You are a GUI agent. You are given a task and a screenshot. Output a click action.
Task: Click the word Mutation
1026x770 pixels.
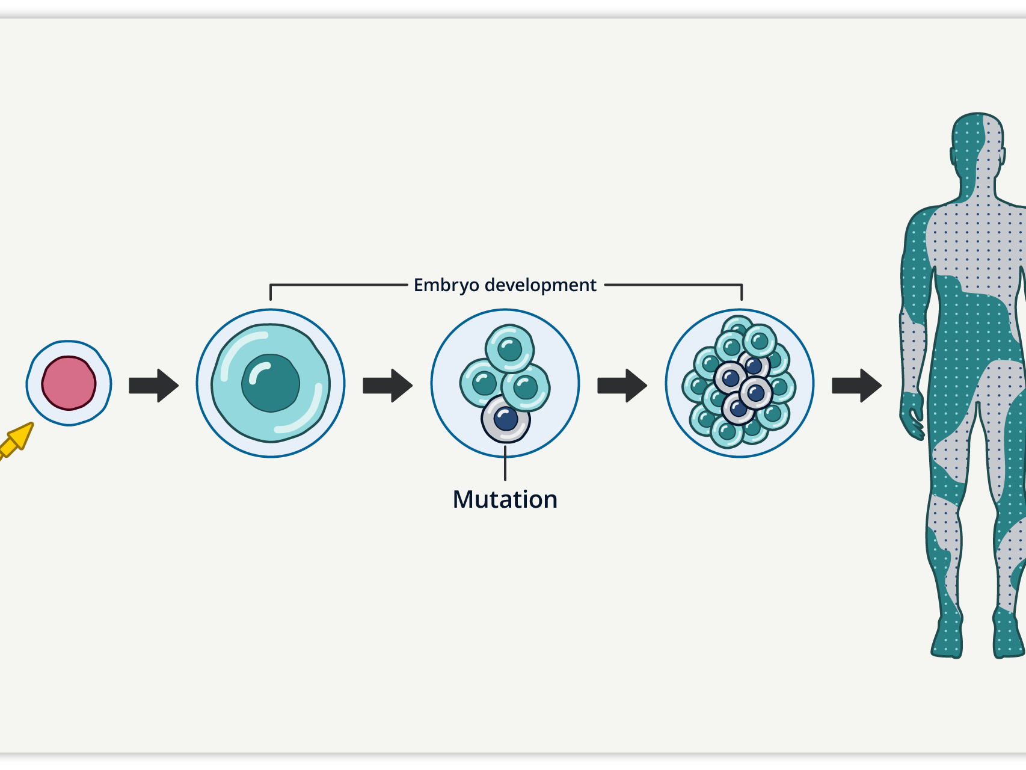tap(505, 499)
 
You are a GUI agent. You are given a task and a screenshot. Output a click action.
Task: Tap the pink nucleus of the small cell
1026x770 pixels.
tap(69, 383)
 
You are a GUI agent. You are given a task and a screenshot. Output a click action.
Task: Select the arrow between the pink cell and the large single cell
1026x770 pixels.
tap(154, 386)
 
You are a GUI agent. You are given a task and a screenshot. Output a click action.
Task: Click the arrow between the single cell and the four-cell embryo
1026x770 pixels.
tap(388, 386)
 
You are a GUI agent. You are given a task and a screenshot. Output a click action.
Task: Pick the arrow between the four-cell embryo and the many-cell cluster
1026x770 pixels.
tap(622, 386)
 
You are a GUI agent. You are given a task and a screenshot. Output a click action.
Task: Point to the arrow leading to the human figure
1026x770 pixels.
tap(857, 386)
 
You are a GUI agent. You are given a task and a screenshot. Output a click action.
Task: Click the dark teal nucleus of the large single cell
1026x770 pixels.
tap(271, 383)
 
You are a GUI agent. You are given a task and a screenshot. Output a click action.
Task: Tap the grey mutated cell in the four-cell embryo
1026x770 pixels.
tap(506, 419)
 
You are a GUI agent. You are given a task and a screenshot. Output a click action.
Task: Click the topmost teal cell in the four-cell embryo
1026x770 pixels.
tap(510, 348)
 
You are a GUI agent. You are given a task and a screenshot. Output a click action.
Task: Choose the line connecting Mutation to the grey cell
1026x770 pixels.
tap(505, 461)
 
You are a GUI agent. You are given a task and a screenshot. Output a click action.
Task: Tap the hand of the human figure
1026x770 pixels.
tap(912, 415)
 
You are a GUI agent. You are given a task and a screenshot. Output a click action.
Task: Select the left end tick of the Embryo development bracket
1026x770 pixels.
tap(271, 292)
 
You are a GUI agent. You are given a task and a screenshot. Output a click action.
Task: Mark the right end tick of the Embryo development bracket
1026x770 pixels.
tap(742, 292)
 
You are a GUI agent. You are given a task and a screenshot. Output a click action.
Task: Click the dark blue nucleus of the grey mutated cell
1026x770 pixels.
tap(506, 419)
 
